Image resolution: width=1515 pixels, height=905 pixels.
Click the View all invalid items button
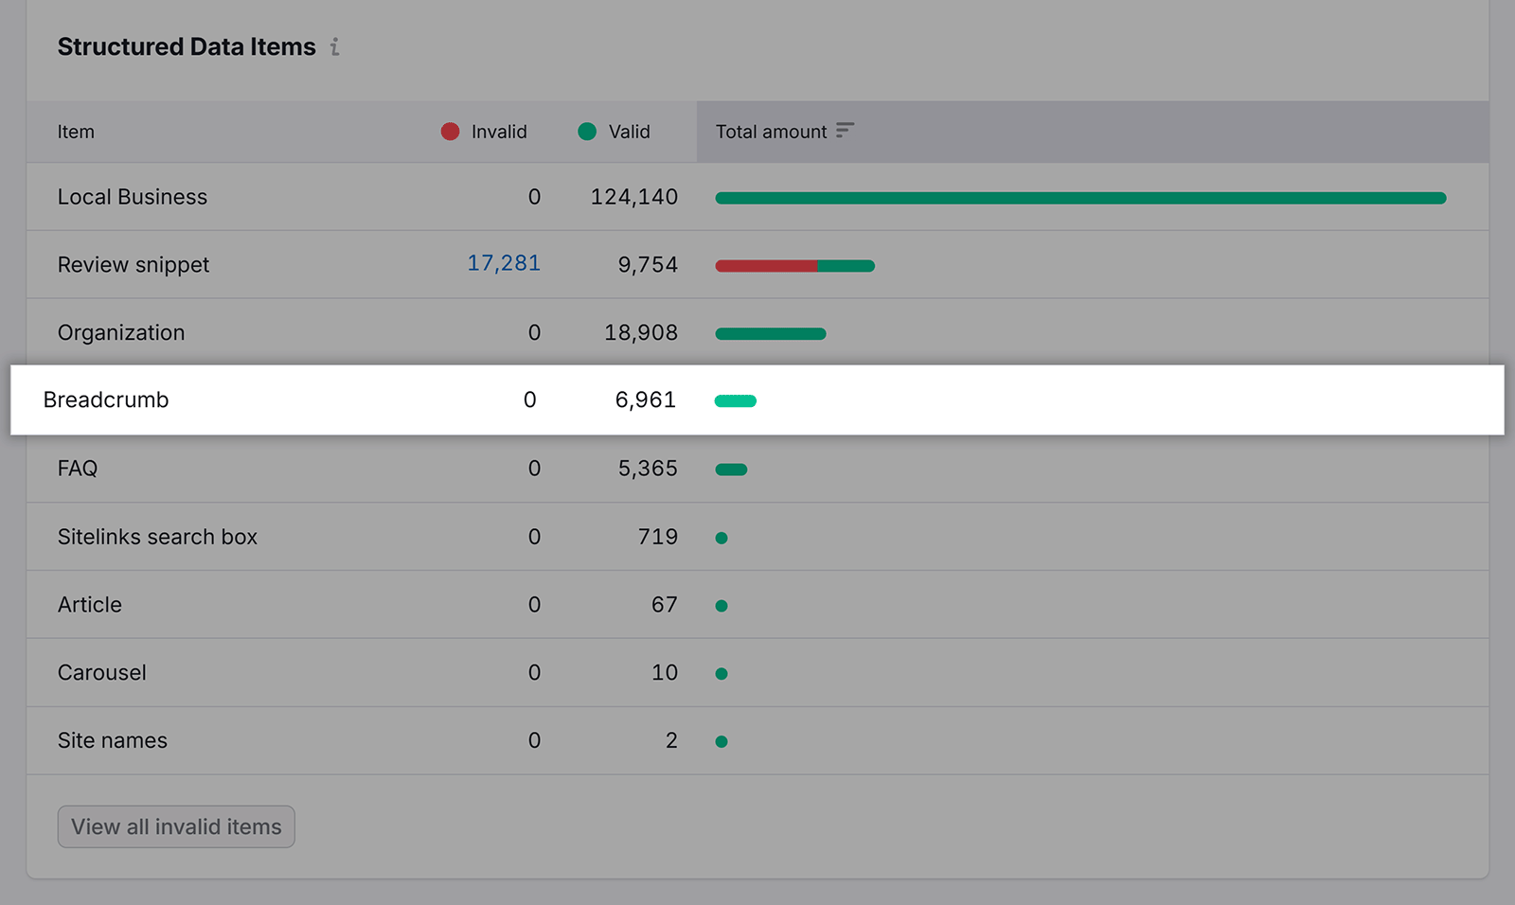pos(176,826)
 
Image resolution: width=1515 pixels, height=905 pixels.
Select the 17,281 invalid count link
pos(504,263)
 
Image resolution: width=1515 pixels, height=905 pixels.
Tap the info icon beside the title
pos(334,46)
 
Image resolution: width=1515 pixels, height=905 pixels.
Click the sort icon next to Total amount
pos(845,131)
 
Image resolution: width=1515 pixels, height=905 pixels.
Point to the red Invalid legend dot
pos(450,132)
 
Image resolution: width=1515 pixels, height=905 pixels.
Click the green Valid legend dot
pos(587,132)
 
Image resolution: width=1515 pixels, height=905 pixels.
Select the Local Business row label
pos(133,197)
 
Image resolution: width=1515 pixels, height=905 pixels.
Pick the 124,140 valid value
pos(634,197)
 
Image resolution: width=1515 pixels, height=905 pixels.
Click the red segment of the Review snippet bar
pos(766,266)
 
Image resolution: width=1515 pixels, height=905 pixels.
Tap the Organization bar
pos(771,333)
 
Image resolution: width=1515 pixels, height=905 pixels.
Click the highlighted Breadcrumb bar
pos(736,401)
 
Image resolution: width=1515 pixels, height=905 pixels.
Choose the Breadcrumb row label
pos(106,399)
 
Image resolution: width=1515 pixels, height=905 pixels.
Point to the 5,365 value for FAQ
pos(648,469)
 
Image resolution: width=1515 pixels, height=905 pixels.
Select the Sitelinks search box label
pos(157,537)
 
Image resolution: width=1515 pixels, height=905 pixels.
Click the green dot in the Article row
pos(722,606)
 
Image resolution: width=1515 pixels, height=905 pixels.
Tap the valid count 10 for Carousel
pos(665,673)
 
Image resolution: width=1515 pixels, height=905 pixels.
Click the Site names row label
pos(113,740)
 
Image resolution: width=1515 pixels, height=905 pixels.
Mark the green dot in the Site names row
pos(722,742)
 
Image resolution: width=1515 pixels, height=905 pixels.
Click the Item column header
pos(76,132)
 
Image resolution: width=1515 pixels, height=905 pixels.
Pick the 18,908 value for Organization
pos(641,333)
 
